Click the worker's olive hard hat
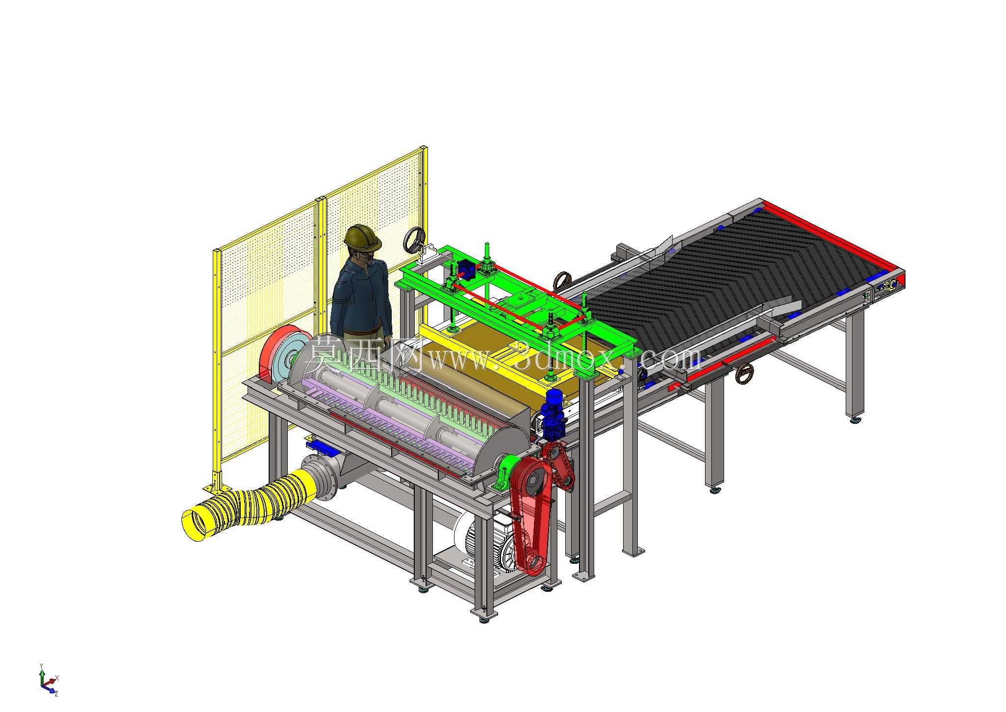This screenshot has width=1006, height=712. (362, 237)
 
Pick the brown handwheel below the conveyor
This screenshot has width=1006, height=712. (745, 374)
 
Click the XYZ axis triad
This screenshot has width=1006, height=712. (48, 680)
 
